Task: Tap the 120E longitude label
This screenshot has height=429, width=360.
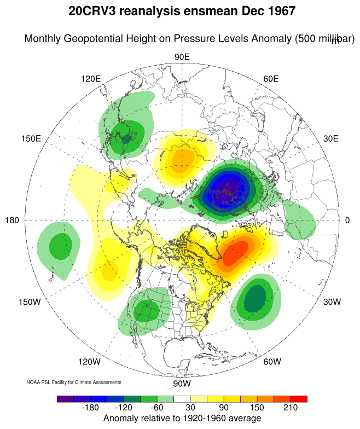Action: click(91, 79)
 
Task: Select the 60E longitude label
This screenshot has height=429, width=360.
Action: click(271, 79)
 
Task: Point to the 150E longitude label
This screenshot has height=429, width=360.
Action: click(31, 138)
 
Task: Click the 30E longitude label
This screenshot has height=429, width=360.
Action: click(331, 138)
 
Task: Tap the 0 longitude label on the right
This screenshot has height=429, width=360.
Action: click(347, 220)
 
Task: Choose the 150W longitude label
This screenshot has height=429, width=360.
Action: click(30, 302)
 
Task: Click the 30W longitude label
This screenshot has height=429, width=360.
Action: click(332, 302)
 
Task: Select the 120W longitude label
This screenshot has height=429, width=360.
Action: click(89, 362)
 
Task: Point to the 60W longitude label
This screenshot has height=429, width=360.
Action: click(272, 362)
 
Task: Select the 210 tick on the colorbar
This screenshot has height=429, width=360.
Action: click(289, 408)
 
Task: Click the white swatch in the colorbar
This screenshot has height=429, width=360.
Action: click(182, 399)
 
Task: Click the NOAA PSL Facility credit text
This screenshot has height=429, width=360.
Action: click(74, 382)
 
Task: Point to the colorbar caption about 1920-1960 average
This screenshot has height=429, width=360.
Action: click(182, 419)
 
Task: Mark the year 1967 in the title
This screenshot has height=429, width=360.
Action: click(277, 10)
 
